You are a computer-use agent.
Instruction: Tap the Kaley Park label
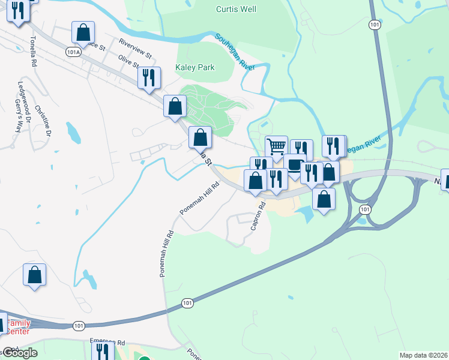pyautogui.click(x=194, y=68)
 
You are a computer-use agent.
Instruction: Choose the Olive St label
pyautogui.click(x=128, y=61)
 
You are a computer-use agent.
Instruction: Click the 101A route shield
pyautogui.click(x=73, y=52)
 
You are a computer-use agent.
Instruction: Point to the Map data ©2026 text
pyautogui.click(x=423, y=355)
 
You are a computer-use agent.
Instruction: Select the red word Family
pyautogui.click(x=17, y=323)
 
